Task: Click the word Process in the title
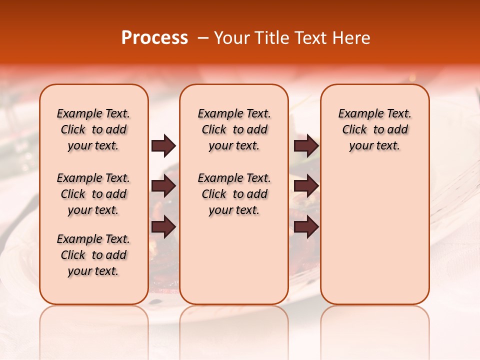click(x=154, y=38)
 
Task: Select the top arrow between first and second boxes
click(x=163, y=146)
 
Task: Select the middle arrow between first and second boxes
click(x=163, y=186)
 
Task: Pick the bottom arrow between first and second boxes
click(x=163, y=227)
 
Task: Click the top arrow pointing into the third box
click(x=306, y=146)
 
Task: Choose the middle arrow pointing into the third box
click(x=306, y=186)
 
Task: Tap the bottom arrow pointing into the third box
click(x=306, y=227)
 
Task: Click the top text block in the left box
click(x=93, y=129)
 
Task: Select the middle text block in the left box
click(x=93, y=194)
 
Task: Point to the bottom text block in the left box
click(x=93, y=255)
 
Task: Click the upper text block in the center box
click(x=234, y=129)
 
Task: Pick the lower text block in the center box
click(x=234, y=194)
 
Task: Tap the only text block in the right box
click(x=375, y=129)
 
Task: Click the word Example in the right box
click(x=358, y=114)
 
